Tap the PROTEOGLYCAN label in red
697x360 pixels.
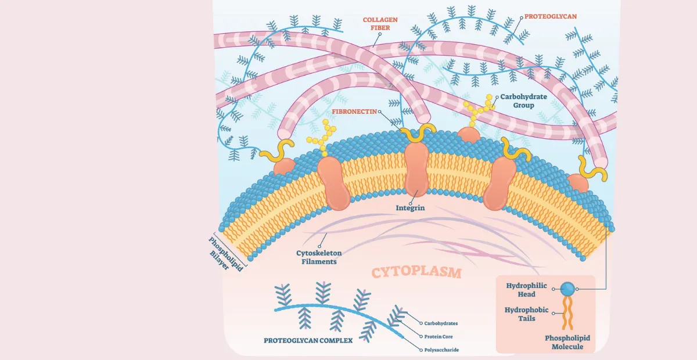pyautogui.click(x=551, y=16)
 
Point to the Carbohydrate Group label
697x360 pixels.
pyautogui.click(x=524, y=101)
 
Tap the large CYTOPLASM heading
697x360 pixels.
pyautogui.click(x=416, y=272)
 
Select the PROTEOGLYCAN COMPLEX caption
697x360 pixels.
pyautogui.click(x=308, y=340)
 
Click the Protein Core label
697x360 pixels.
pyautogui.click(x=439, y=336)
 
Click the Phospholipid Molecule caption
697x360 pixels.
pyautogui.click(x=564, y=342)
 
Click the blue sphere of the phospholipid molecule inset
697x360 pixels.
pyautogui.click(x=567, y=288)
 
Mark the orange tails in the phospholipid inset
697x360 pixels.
pyautogui.click(x=567, y=313)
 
